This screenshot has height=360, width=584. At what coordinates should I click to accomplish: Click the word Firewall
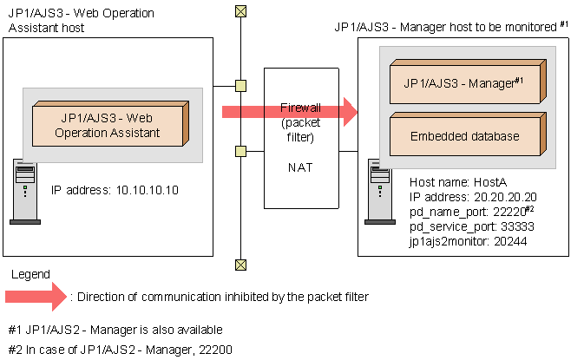(300, 108)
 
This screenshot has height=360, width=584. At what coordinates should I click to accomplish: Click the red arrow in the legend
(34, 297)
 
